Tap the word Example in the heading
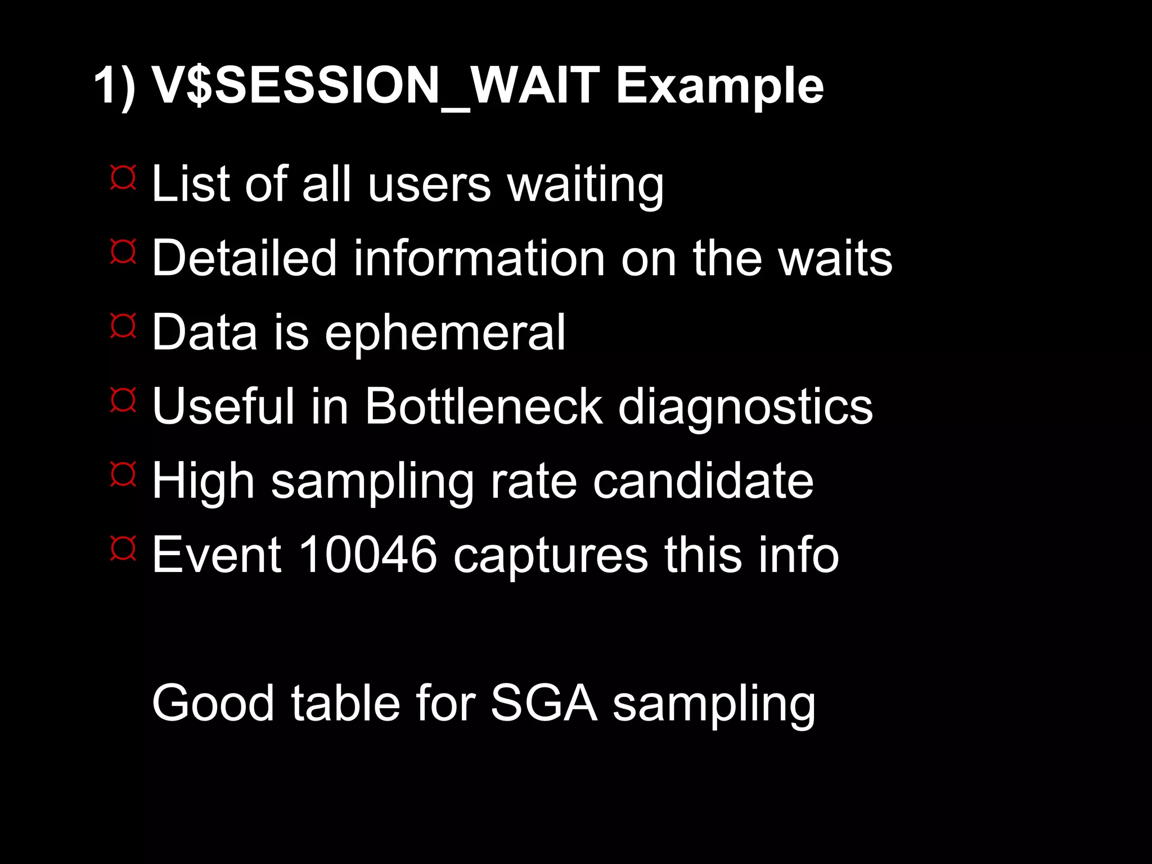click(719, 85)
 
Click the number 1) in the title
click(115, 85)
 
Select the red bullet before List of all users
click(123, 178)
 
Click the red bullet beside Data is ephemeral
click(123, 326)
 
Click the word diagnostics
click(745, 407)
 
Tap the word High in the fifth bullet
click(203, 481)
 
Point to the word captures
click(551, 556)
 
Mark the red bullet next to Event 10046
click(123, 548)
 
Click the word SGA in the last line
click(543, 703)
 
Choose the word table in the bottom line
click(345, 703)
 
